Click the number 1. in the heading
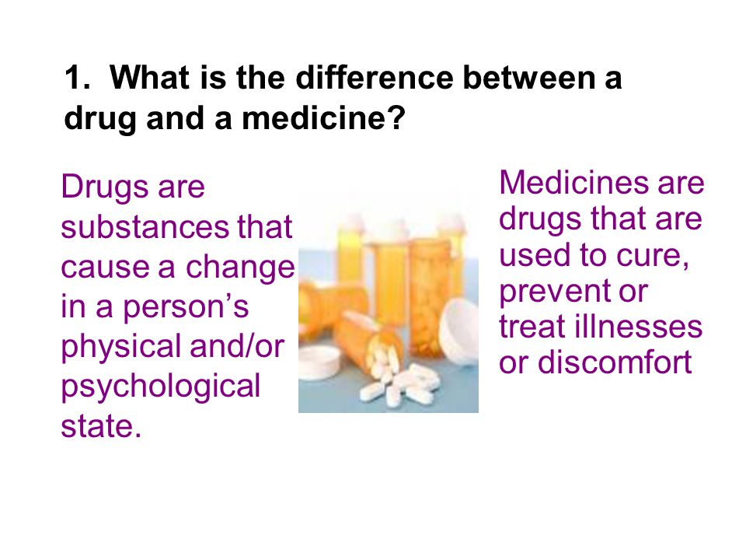(77, 78)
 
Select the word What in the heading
(150, 77)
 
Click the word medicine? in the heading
(323, 117)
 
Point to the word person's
(186, 308)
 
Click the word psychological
(161, 387)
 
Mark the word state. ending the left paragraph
(101, 426)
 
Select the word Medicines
(574, 182)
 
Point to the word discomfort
(614, 362)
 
